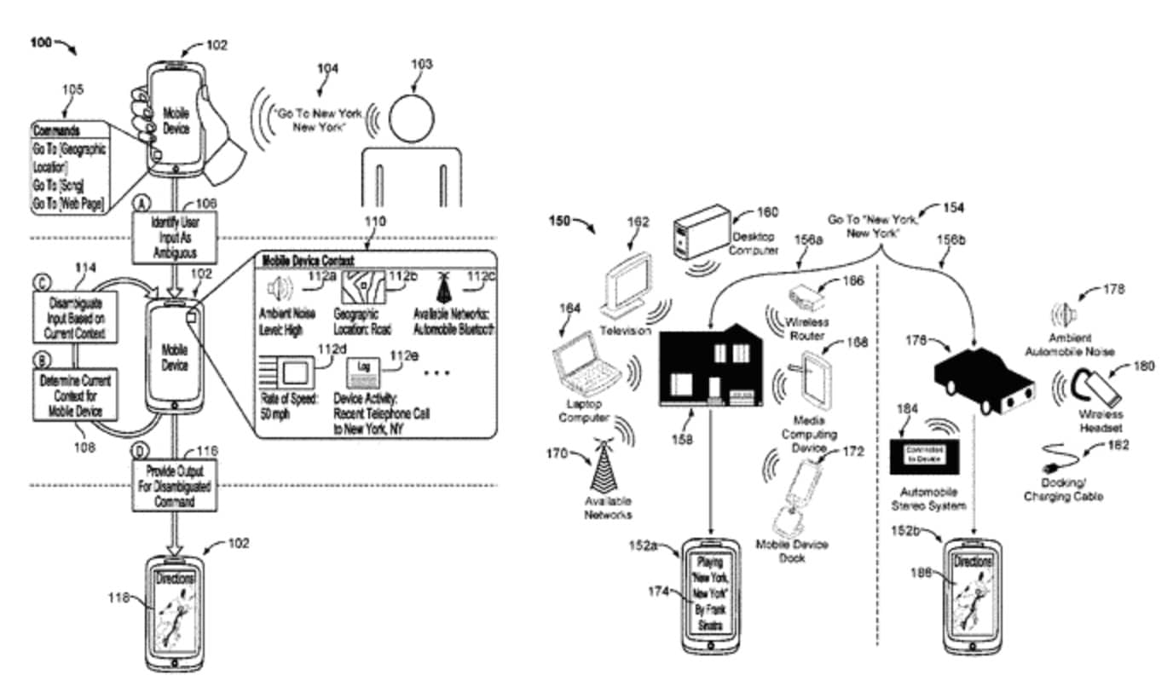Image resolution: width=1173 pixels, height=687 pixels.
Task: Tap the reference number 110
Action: click(x=374, y=222)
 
